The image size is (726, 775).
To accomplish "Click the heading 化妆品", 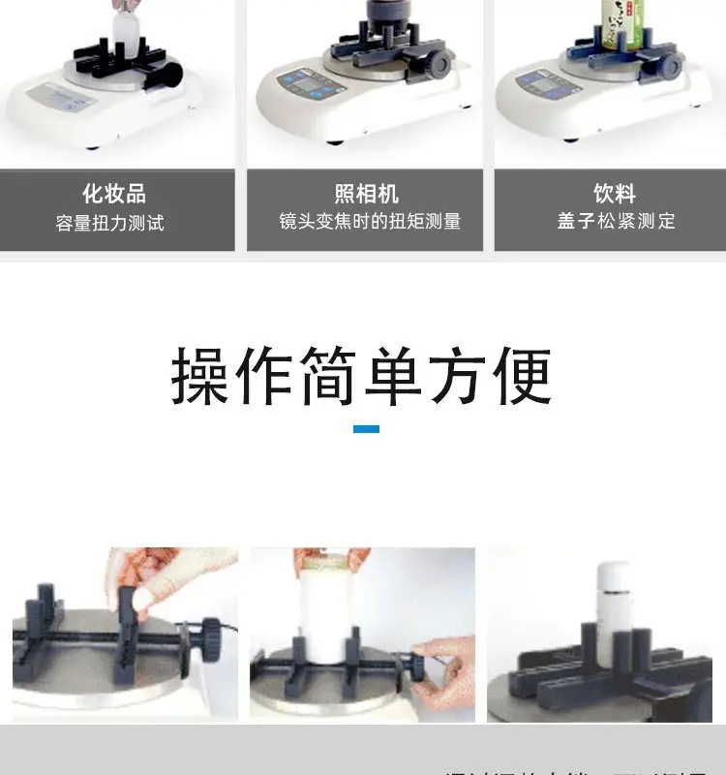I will (114, 193).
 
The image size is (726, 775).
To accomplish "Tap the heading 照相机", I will (366, 193).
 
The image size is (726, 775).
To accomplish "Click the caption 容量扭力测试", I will (110, 224).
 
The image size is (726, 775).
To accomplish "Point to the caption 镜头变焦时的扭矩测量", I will (370, 222).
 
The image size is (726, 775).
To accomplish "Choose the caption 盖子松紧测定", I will (616, 222).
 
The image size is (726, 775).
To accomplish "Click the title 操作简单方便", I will (362, 376).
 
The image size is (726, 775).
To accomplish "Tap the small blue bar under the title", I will (366, 428).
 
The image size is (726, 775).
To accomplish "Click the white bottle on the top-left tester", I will (126, 29).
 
